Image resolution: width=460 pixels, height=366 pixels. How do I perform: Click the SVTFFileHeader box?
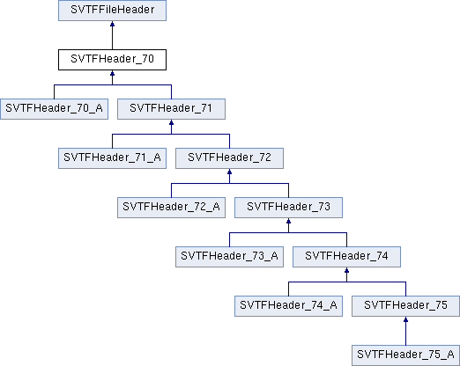coord(112,11)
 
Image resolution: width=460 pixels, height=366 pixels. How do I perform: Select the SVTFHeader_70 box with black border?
coord(112,60)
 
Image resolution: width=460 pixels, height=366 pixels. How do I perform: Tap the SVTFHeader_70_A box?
coord(54,109)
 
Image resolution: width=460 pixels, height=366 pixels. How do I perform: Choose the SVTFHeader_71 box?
coord(171,109)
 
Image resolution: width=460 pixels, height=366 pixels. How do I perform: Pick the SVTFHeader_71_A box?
coord(112,158)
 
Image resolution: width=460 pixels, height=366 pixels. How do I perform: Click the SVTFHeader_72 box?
coord(229,158)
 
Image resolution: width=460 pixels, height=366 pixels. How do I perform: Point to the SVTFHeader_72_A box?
coord(171,208)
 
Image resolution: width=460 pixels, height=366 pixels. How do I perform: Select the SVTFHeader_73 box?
coord(288,208)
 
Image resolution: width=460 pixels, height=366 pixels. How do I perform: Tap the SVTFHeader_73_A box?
coord(229,257)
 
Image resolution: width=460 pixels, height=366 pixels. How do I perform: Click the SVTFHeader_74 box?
coord(346,257)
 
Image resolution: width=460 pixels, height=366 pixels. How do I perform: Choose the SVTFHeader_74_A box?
coord(288,306)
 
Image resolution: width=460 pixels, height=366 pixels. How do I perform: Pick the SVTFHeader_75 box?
coord(405,306)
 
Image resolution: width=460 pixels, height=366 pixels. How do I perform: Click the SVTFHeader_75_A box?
coord(405,355)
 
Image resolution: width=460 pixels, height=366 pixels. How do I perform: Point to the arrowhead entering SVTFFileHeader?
coord(112,24)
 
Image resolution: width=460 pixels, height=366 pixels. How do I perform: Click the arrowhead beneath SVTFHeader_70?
coord(112,73)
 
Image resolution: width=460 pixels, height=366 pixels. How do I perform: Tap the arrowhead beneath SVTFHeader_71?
coord(171,122)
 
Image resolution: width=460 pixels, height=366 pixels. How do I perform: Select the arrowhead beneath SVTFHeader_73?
coord(288,221)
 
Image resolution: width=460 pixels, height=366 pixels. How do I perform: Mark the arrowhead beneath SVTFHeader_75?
coord(405,319)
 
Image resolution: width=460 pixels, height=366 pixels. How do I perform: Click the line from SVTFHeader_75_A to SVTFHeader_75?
coord(405,331)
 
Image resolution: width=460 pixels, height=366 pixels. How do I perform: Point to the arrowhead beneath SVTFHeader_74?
coord(346,270)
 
